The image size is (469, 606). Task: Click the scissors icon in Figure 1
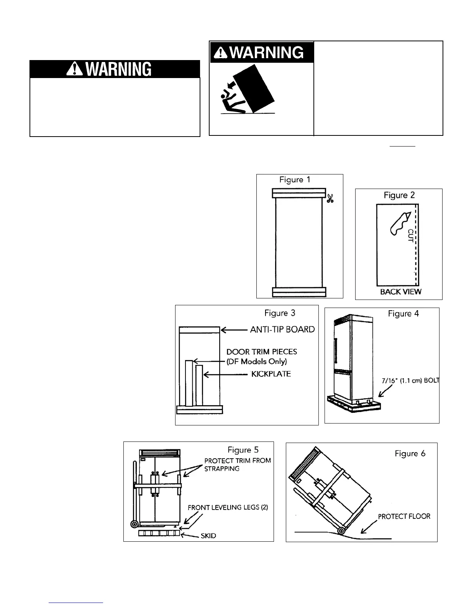pyautogui.click(x=330, y=199)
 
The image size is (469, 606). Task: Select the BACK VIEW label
pyautogui.click(x=400, y=292)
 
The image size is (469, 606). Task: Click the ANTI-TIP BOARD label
pyautogui.click(x=282, y=329)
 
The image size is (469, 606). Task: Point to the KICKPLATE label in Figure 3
pyautogui.click(x=271, y=374)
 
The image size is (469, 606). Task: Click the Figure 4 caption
pyautogui.click(x=403, y=314)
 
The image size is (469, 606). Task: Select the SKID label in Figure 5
pyautogui.click(x=208, y=536)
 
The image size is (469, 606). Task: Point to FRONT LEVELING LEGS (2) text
pyautogui.click(x=228, y=508)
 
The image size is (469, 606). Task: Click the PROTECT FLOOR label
pyautogui.click(x=404, y=516)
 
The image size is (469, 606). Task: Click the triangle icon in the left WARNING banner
pyautogui.click(x=73, y=70)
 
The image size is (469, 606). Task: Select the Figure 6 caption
pyautogui.click(x=410, y=454)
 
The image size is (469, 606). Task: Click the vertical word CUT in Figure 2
pyautogui.click(x=411, y=235)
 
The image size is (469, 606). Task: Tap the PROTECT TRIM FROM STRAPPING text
pyautogui.click(x=238, y=464)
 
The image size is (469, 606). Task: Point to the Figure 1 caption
pyautogui.click(x=295, y=180)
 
